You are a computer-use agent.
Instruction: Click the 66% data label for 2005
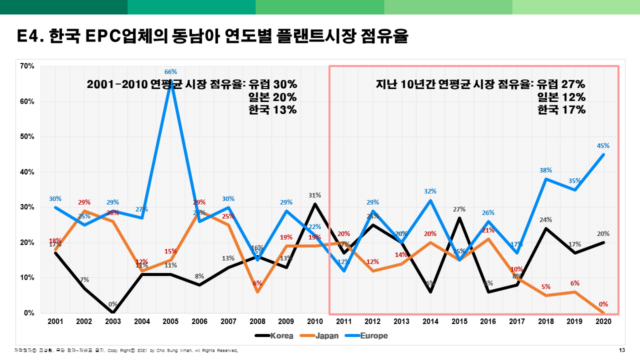[x=170, y=72]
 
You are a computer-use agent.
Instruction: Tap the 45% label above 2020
[x=603, y=146]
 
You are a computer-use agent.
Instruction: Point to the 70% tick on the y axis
[x=27, y=66]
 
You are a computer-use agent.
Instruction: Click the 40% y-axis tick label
[x=27, y=172]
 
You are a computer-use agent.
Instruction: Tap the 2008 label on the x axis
[x=257, y=321]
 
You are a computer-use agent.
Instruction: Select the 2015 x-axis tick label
[x=459, y=321]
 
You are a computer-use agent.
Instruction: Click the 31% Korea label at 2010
[x=314, y=195]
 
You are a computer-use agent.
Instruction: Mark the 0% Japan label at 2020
[x=603, y=304]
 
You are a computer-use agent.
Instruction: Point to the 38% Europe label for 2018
[x=545, y=170]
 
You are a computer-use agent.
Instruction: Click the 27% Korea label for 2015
[x=459, y=209]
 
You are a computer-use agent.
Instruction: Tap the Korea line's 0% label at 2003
[x=113, y=304]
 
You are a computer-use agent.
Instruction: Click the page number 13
[x=622, y=350]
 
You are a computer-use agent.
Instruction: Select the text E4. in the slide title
[x=31, y=37]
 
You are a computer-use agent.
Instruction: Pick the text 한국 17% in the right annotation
[x=561, y=110]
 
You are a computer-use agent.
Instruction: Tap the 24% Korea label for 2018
[x=545, y=220]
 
